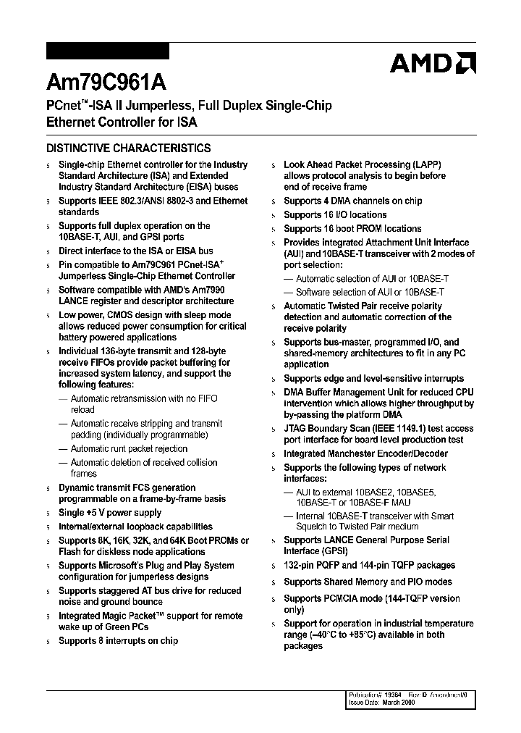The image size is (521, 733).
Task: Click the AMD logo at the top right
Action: pos(433,64)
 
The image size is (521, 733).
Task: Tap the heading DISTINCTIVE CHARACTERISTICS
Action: pos(129,148)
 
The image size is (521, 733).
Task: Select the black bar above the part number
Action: pos(108,51)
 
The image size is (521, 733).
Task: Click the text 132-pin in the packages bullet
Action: pos(300,565)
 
